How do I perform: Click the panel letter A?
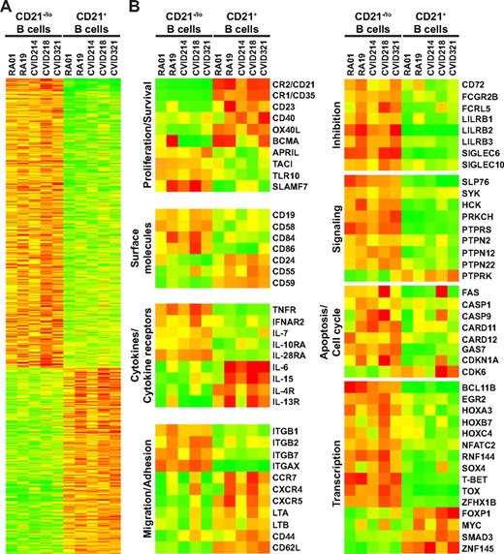(7, 8)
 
